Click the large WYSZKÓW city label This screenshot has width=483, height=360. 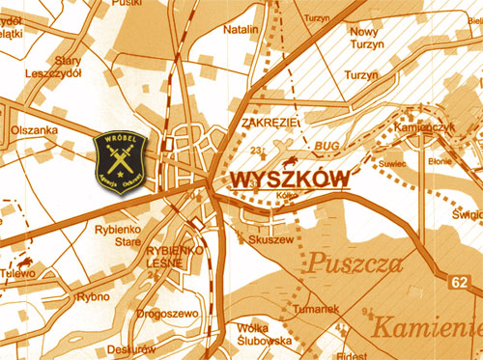coord(289,180)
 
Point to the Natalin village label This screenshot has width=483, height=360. coord(241,30)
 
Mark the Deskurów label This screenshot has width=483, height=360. coord(131,348)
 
